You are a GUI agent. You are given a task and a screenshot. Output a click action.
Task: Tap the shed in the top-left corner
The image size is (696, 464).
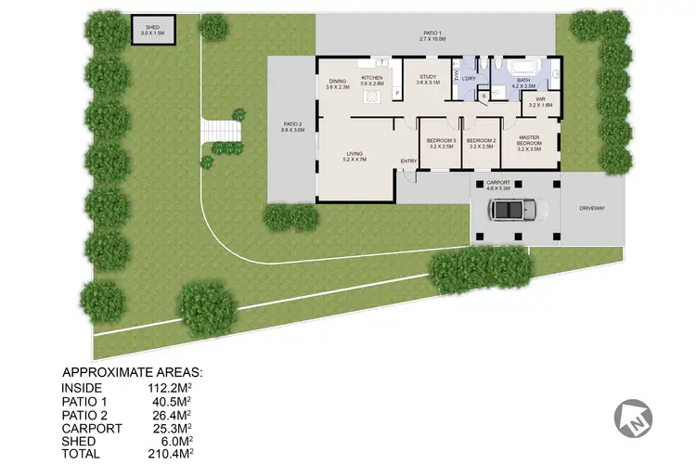[x=150, y=30]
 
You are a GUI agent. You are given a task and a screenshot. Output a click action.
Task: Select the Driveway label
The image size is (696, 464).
[x=591, y=209]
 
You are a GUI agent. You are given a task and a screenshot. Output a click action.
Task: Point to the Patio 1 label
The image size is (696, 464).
[x=435, y=36]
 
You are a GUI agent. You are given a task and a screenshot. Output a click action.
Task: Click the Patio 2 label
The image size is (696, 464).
[x=293, y=128]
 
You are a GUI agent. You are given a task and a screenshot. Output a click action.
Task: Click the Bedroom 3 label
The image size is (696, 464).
[x=440, y=143]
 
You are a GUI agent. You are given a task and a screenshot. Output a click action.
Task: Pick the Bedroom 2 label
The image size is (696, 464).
[x=481, y=143]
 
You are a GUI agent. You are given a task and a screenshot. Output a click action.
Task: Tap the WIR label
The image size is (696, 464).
[x=540, y=101]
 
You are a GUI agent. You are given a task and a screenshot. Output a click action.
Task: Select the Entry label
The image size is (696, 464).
[x=408, y=161]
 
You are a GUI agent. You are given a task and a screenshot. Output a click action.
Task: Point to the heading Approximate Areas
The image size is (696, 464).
[x=131, y=372]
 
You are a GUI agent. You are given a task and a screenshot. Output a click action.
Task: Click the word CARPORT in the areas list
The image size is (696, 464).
[x=89, y=429]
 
